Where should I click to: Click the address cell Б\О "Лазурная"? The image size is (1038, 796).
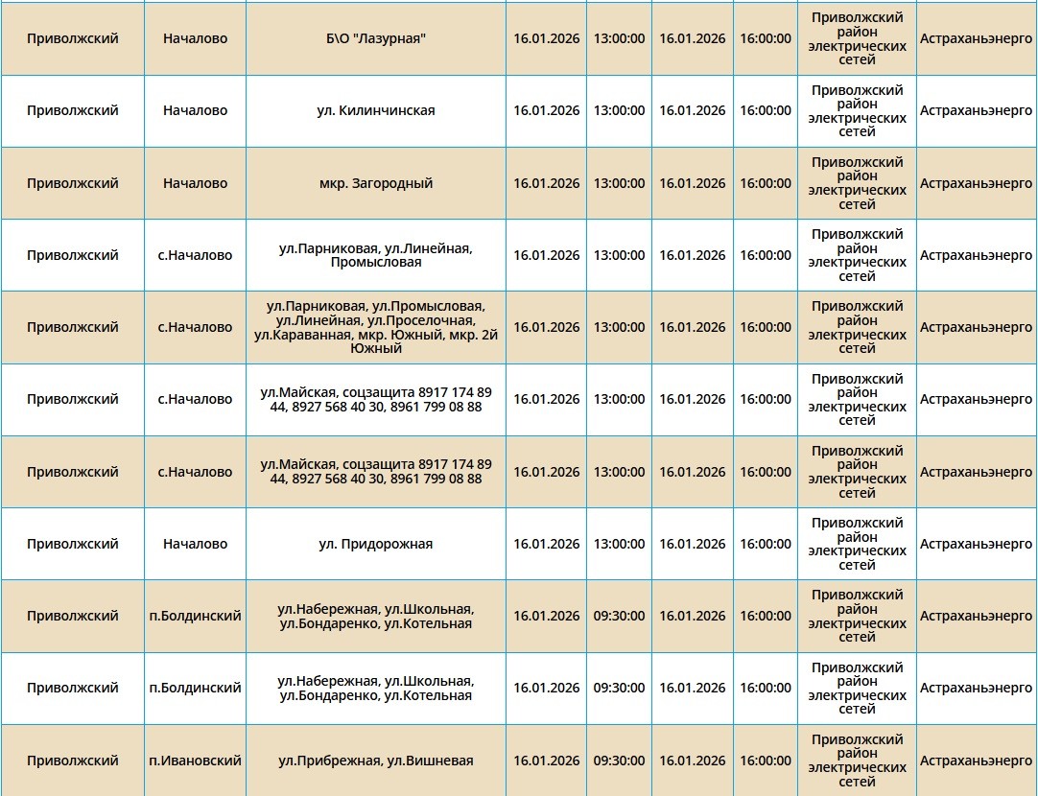[375, 38]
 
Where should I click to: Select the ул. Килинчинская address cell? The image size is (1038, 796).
[375, 110]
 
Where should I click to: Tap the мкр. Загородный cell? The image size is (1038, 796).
[375, 183]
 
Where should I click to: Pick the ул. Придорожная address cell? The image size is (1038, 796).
[375, 544]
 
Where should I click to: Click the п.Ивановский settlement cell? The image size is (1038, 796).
[195, 761]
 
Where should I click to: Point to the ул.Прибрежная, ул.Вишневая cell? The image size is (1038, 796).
[375, 761]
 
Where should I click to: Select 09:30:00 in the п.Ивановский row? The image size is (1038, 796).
[619, 761]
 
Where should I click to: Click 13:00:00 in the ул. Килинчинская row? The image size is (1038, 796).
[619, 110]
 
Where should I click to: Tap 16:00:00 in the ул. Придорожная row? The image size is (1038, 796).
[765, 544]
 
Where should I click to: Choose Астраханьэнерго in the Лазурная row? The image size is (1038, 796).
[976, 38]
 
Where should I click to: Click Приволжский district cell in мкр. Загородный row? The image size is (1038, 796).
[73, 183]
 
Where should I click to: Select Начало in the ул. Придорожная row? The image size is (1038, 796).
[195, 544]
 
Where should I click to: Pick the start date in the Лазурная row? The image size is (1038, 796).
[546, 38]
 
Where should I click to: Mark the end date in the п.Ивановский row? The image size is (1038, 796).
[692, 761]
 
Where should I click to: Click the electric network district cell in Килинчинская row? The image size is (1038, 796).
[857, 110]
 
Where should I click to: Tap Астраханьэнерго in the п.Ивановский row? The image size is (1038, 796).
[976, 761]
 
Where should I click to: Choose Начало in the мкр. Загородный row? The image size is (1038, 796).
[195, 183]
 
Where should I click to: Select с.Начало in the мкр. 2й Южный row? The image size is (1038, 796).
[195, 327]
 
